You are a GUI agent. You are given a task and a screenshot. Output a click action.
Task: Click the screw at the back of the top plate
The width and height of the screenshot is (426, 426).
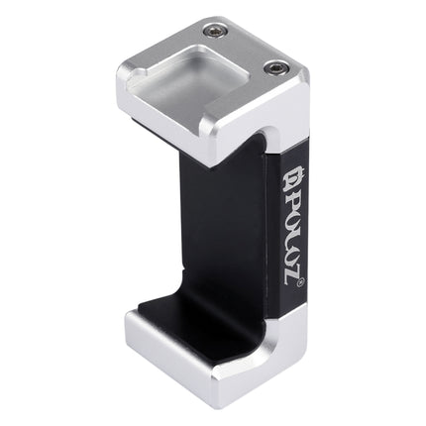coord(211,31)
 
